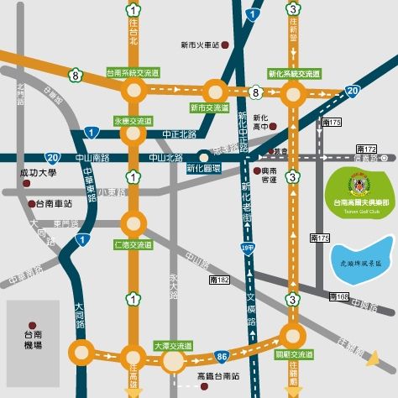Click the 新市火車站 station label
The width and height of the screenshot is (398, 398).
pyautogui.click(x=199, y=44)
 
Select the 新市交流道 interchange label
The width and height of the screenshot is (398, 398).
pyautogui.click(x=209, y=107)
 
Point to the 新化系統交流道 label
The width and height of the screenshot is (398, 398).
pyautogui.click(x=293, y=73)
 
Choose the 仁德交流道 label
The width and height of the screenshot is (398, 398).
pyautogui.click(x=133, y=244)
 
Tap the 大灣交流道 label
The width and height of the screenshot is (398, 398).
pyautogui.click(x=172, y=345)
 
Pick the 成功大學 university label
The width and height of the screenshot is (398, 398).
pyautogui.click(x=37, y=173)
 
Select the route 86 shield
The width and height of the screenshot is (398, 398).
pyautogui.click(x=219, y=334)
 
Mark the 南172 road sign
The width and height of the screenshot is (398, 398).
pyautogui.click(x=366, y=149)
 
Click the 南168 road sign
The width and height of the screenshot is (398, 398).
pyautogui.click(x=338, y=296)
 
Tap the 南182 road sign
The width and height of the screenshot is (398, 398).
pyautogui.click(x=220, y=278)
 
